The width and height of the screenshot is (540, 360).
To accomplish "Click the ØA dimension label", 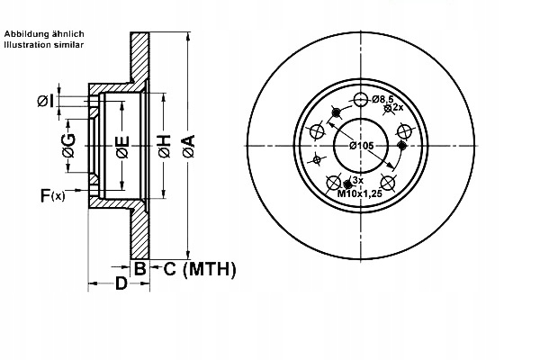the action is point(189,147).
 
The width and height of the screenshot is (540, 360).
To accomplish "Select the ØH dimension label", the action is point(165,147).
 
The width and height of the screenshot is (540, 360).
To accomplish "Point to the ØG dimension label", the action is point(69,146).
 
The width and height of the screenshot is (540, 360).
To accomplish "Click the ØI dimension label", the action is point(45,102).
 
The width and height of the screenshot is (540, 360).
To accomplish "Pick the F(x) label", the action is point(53,195).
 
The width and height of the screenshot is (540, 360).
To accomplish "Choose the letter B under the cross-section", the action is point(139,269).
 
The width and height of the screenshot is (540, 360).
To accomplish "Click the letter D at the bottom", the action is point(121,283).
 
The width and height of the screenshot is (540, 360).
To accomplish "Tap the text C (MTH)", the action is point(200,269).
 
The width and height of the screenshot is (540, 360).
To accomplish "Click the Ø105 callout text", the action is point(361,146).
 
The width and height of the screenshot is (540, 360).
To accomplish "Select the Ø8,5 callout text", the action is point(382,99).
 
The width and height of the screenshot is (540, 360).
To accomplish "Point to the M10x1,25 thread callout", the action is point(359,193).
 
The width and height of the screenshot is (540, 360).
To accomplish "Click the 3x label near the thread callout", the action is point(358,180).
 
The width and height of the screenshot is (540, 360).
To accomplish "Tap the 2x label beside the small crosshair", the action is point(398,107).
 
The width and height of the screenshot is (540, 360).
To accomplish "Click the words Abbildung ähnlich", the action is point(44,34).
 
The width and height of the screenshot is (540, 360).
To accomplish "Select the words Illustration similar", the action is point(44,45).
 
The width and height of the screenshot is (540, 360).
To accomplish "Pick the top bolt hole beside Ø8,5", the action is point(361,100).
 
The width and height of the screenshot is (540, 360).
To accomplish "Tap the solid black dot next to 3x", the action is point(347,184).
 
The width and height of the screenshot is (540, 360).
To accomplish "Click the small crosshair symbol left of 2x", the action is point(387,109).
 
